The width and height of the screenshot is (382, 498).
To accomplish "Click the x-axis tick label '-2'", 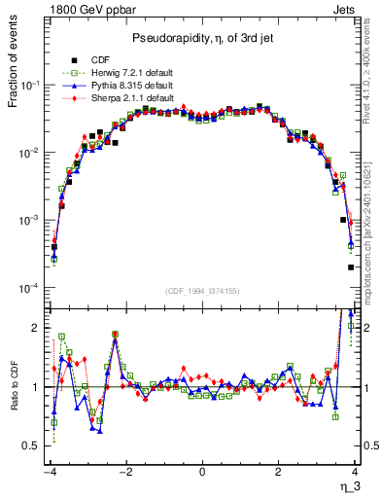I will coord(124,473).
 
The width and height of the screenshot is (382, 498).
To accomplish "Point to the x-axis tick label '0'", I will coord(202,473).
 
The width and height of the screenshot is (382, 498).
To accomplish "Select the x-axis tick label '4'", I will coord(354,473).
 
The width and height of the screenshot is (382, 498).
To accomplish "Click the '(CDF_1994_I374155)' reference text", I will coord(202,290).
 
